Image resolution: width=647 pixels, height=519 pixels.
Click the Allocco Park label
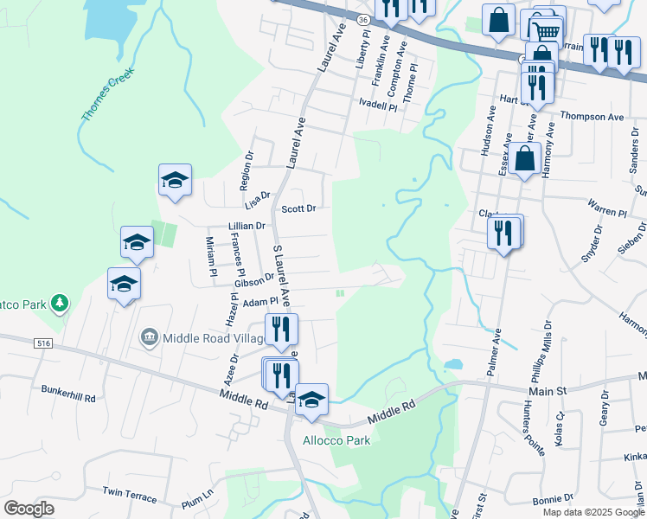coord(336,440)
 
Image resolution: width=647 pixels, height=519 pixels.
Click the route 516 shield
coord(44,343)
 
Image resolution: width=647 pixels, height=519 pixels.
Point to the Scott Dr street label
coord(299,208)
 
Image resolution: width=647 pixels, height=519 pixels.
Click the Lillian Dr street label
coord(247,226)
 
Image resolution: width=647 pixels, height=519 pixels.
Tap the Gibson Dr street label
coord(253,280)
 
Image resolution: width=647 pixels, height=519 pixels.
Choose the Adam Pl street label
coord(259,303)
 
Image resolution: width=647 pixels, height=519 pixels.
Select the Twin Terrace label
coord(130,496)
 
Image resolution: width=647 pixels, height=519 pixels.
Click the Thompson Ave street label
coord(592,117)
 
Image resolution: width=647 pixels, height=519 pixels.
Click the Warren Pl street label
coord(606,212)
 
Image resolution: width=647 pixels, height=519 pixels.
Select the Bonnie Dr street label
coord(548,501)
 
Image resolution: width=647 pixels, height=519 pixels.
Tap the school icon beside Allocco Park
coord(311,400)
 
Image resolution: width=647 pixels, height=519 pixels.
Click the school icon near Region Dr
coord(175,180)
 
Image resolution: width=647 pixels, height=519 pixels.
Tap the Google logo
coord(29,508)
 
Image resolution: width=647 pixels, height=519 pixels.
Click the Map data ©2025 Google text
coord(593,511)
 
